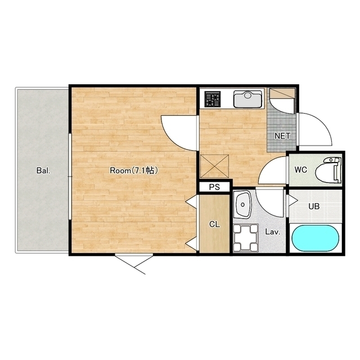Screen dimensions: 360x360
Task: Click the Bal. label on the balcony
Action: [43, 171]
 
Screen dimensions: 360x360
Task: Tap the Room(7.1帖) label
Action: [134, 170]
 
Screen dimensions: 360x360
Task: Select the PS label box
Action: [214, 187]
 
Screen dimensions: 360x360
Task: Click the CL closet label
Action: [215, 224]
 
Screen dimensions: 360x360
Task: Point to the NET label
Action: [282, 136]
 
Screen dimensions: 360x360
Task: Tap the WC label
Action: [301, 170]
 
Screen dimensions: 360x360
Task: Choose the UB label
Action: [314, 206]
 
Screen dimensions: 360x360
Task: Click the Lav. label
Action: [273, 232]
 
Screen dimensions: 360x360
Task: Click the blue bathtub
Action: [315, 238]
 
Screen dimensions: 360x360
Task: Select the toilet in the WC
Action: [328, 170]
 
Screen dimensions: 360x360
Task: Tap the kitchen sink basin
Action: [247, 99]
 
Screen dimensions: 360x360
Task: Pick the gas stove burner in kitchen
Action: [213, 99]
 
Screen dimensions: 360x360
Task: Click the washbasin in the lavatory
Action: [242, 204]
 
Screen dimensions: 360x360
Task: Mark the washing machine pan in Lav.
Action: [246, 238]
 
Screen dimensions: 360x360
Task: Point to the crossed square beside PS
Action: [215, 166]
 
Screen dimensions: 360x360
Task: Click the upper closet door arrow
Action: [191, 202]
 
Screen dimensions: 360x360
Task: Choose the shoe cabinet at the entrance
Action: [282, 94]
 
